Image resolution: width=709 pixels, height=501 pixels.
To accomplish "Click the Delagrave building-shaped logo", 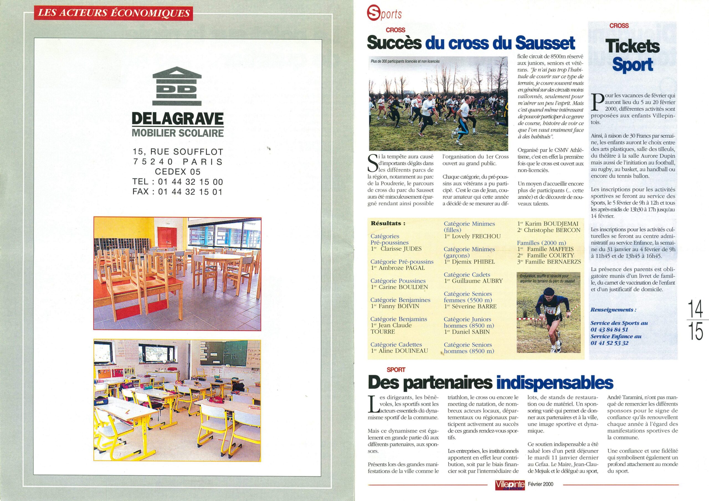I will click(x=177, y=86).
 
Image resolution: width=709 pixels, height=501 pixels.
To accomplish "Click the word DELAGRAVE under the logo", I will click(x=178, y=119).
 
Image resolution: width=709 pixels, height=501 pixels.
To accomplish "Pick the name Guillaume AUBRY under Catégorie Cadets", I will click(x=477, y=281).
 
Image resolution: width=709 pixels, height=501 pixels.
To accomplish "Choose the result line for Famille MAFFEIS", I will click(x=550, y=249).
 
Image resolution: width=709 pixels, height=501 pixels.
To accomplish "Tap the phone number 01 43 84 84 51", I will click(x=609, y=330).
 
